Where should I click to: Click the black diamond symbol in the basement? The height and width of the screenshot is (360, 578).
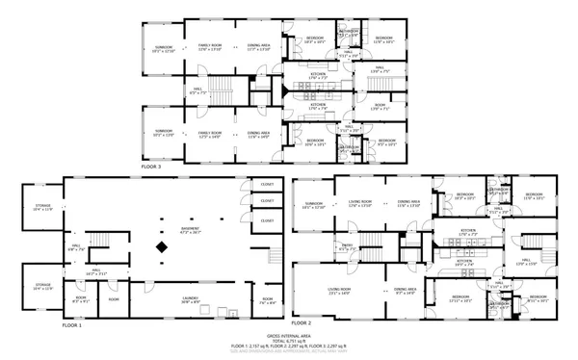(162, 248)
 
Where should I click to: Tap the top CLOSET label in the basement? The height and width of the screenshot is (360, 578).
(267, 184)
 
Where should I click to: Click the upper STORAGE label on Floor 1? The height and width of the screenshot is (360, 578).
(42, 207)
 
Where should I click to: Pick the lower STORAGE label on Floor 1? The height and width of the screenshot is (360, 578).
(42, 286)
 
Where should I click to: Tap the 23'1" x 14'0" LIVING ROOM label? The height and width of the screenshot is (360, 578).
(338, 291)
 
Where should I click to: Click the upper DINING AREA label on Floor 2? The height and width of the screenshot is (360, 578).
(409, 204)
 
